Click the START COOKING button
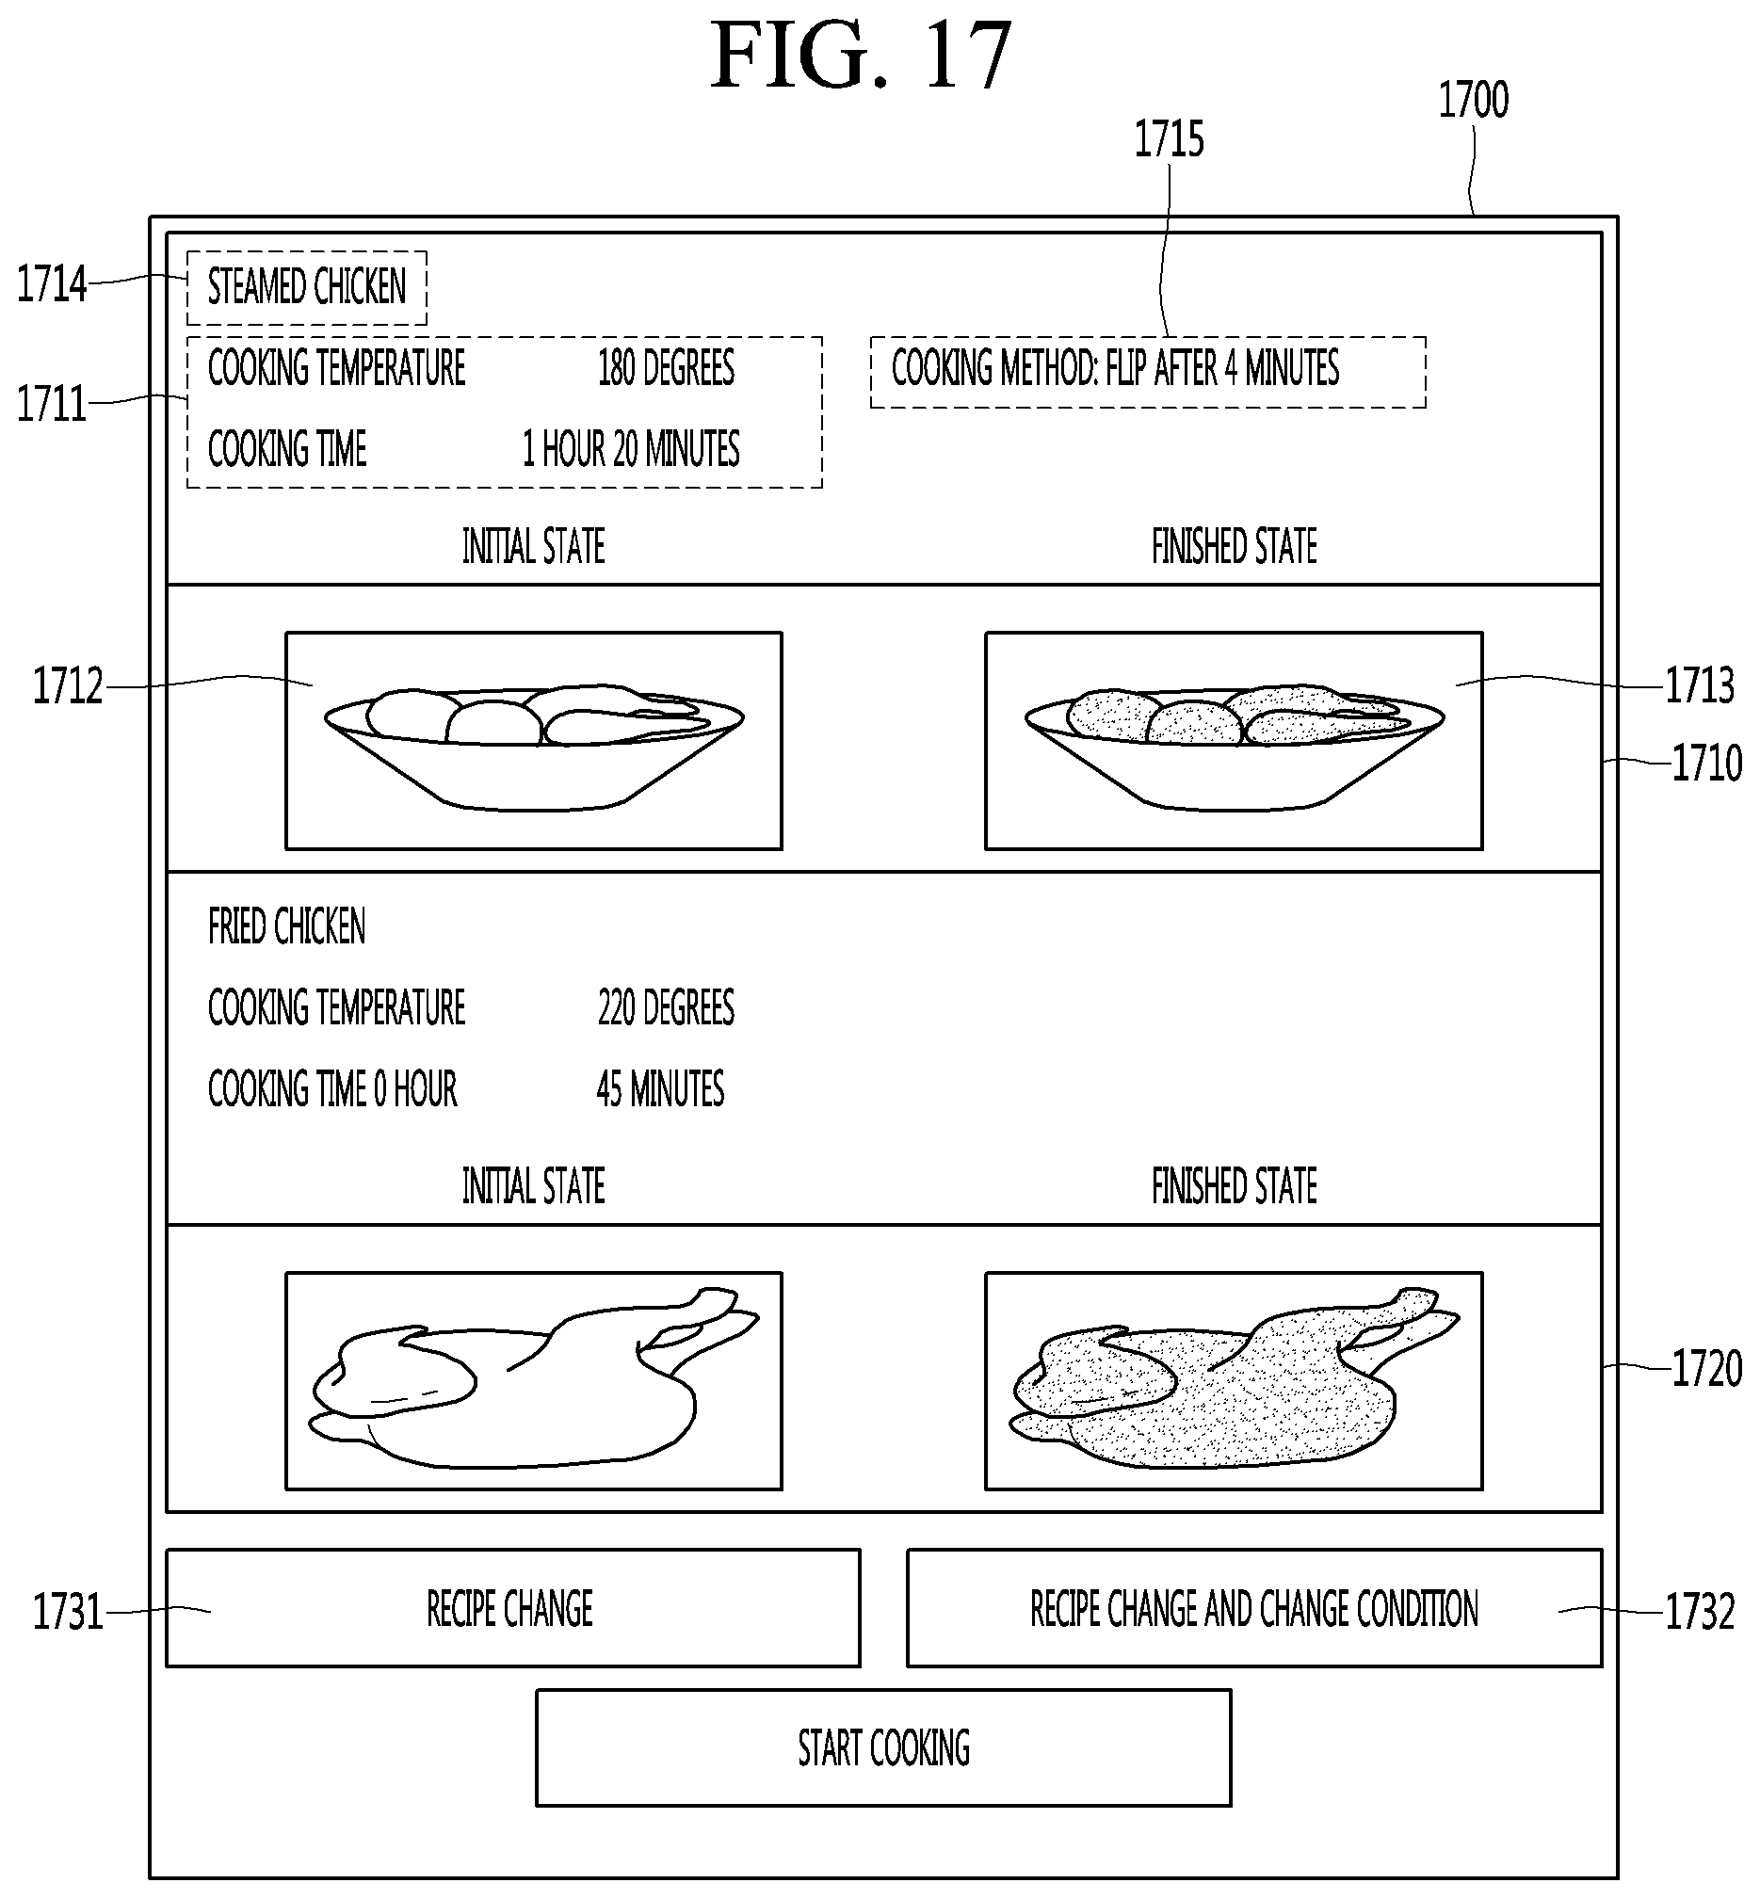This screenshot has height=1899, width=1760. click(x=883, y=1747)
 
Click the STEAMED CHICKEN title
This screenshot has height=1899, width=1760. click(x=307, y=286)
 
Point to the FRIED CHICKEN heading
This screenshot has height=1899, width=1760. click(x=286, y=926)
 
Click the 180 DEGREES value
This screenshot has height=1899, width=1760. click(x=667, y=367)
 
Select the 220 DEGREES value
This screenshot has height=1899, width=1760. click(x=667, y=1007)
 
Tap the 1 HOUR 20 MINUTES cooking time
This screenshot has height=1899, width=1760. click(x=631, y=449)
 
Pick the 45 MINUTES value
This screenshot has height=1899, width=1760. click(x=661, y=1088)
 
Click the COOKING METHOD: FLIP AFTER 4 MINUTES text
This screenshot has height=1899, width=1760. click(x=1115, y=367)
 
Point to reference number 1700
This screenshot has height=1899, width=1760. click(x=1474, y=100)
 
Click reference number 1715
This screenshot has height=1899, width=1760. click(x=1169, y=139)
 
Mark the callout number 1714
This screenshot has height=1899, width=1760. click(x=52, y=284)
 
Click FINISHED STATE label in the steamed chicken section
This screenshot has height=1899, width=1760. click(x=1235, y=547)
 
